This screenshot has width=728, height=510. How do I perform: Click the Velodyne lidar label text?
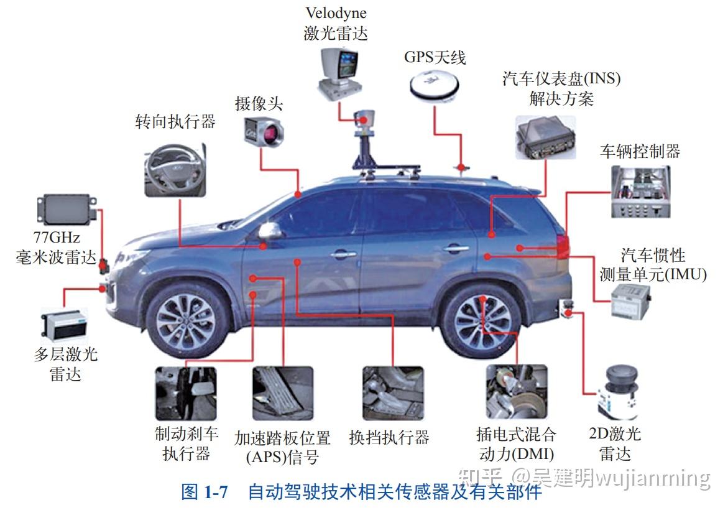pyautogui.click(x=336, y=23)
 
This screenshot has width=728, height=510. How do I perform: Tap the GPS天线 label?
pyautogui.click(x=435, y=57)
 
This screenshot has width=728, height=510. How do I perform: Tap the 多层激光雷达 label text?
pyautogui.click(x=65, y=364)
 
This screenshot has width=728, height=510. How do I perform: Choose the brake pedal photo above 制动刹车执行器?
pyautogui.click(x=185, y=392)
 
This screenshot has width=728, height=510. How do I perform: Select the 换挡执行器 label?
pyautogui.click(x=389, y=437)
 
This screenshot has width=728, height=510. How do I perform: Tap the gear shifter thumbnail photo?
pyautogui.click(x=393, y=392)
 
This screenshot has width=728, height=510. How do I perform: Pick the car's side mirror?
pyautogui.click(x=270, y=231)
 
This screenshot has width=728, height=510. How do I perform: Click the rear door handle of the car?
pyautogui.click(x=456, y=249)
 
